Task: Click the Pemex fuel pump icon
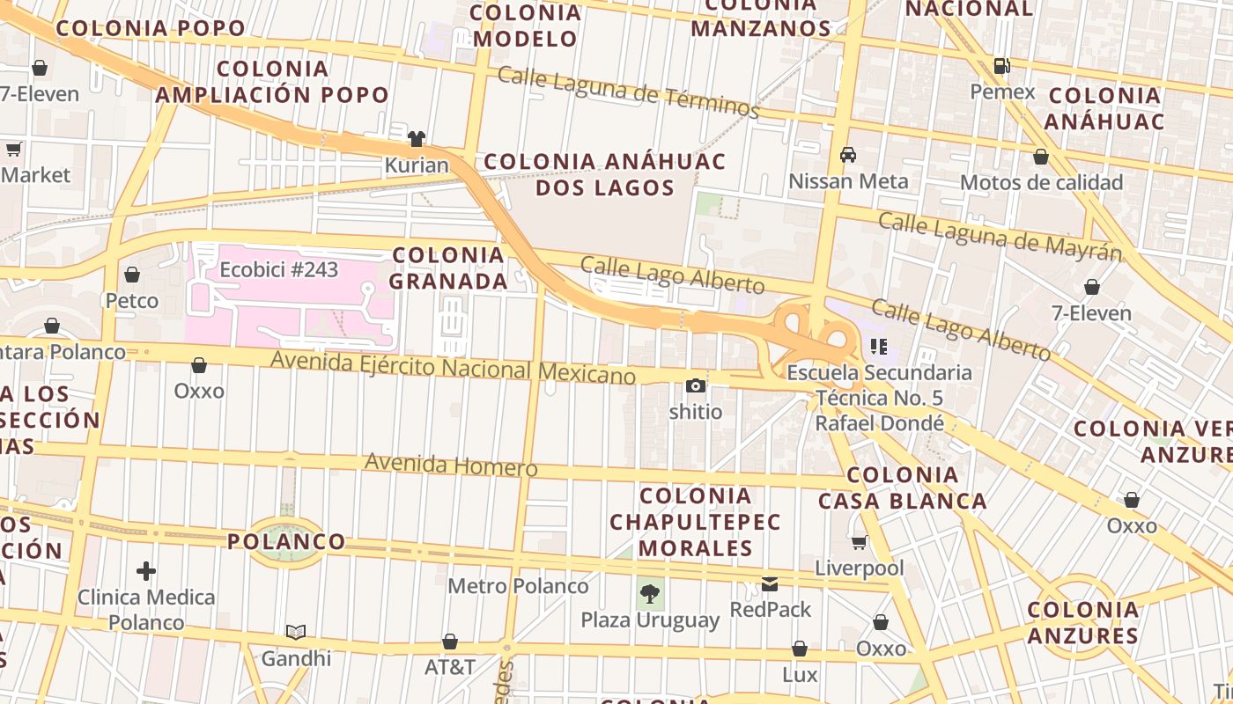1001,65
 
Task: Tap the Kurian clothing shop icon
416,138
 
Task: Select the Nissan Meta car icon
848,155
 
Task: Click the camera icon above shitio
696,385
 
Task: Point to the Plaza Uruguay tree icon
650,593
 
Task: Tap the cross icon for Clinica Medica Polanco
146,571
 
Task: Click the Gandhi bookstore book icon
296,632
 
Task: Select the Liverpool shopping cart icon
859,542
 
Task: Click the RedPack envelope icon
770,583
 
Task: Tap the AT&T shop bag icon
450,642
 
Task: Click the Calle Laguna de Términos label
628,92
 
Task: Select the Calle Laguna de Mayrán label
1000,236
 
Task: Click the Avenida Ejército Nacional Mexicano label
453,367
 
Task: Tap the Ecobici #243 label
278,269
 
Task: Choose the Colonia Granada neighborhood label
449,268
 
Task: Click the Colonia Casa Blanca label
903,488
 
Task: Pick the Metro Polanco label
518,585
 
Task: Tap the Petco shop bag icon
132,275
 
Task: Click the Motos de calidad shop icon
1041,158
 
